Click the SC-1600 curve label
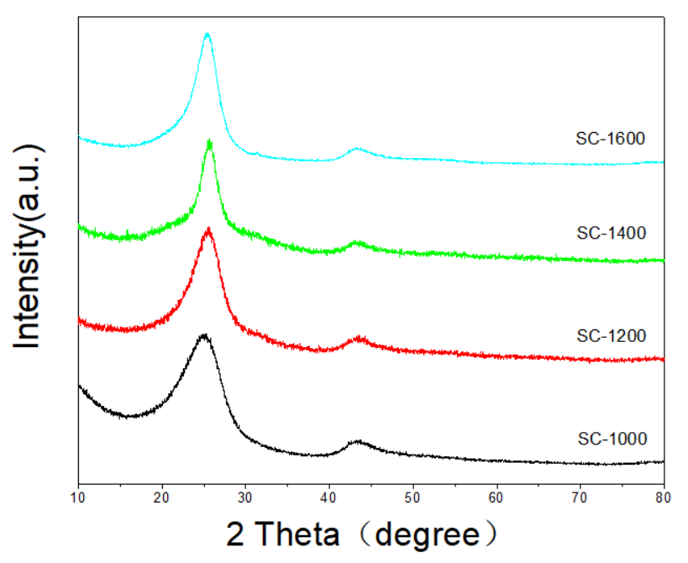click(610, 139)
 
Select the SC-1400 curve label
click(610, 233)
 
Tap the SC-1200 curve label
click(610, 337)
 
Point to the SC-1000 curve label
click(610, 438)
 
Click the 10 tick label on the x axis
click(78, 497)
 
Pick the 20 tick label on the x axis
click(162, 497)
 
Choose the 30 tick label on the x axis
click(245, 497)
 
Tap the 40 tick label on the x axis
click(329, 497)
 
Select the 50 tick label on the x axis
click(412, 497)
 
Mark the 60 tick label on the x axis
click(496, 497)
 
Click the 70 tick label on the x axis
click(580, 497)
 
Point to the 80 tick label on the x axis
click(663, 497)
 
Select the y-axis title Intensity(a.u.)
click(31, 246)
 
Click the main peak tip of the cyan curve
click(207, 34)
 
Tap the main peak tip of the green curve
click(209, 141)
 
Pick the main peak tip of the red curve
click(207, 229)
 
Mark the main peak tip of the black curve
click(203, 335)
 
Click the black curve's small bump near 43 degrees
click(359, 441)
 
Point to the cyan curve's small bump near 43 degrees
click(357, 149)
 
